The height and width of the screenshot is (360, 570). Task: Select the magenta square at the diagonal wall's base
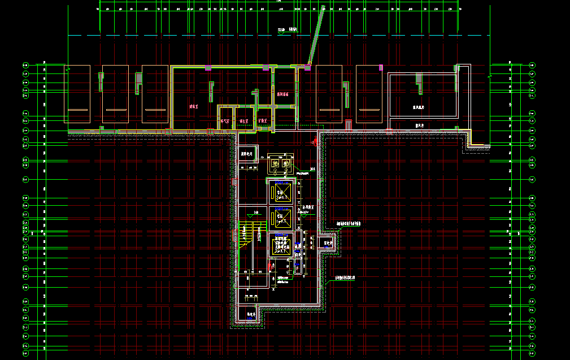308,67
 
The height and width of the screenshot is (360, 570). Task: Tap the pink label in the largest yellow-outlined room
193,106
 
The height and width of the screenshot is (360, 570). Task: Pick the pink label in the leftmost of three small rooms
225,120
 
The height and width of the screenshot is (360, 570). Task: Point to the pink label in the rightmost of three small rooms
262,120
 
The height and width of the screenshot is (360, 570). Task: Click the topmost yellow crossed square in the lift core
281,193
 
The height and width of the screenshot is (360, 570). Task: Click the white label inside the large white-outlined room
419,106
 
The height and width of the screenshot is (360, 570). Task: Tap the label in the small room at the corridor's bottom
247,313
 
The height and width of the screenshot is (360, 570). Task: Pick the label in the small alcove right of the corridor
327,244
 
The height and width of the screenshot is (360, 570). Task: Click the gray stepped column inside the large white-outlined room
419,82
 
